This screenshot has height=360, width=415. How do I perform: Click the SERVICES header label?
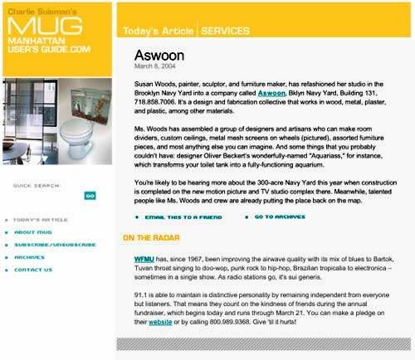(x=225, y=32)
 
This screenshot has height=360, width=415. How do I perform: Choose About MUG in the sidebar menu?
(x=33, y=232)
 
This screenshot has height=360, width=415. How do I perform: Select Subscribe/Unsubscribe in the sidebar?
(x=50, y=245)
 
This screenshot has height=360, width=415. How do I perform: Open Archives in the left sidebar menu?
(x=29, y=257)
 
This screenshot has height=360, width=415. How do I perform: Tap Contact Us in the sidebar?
(x=33, y=270)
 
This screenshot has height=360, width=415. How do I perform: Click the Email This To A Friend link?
(x=183, y=216)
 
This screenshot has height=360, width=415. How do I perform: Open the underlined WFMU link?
(x=144, y=259)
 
